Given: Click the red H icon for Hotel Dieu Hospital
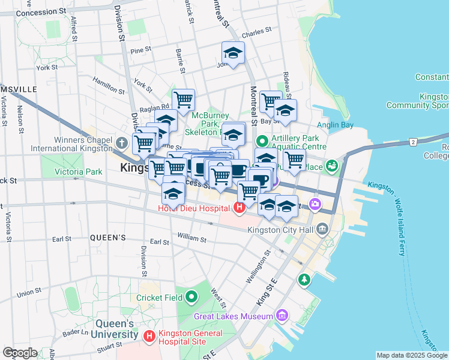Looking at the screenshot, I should click(240, 208).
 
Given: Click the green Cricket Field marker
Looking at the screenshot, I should click(191, 296).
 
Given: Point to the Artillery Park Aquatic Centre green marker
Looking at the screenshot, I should click(262, 142).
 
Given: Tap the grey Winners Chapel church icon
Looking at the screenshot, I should click(122, 143).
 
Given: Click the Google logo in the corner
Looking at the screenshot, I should click(20, 353).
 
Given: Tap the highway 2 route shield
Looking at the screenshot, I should click(413, 142).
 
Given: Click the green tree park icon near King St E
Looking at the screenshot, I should click(304, 279).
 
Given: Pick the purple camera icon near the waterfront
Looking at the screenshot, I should click(315, 205).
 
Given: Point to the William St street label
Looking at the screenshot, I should click(191, 239).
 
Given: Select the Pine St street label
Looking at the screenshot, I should click(141, 50).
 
